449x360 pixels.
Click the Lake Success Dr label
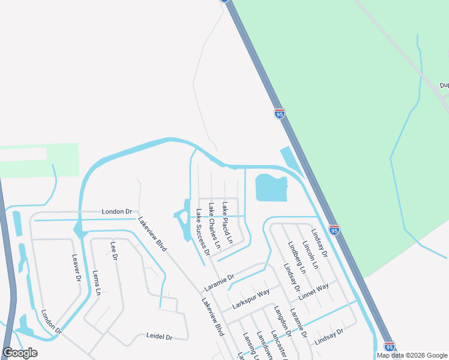200,233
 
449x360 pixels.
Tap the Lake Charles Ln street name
214,226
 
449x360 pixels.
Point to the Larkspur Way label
251,298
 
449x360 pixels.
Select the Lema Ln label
97,283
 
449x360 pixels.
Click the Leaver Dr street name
76,268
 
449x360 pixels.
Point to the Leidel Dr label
160,337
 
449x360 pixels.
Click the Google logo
20,353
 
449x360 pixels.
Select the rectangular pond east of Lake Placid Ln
271,188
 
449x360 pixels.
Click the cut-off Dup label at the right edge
444,85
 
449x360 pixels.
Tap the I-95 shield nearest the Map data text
389,347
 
